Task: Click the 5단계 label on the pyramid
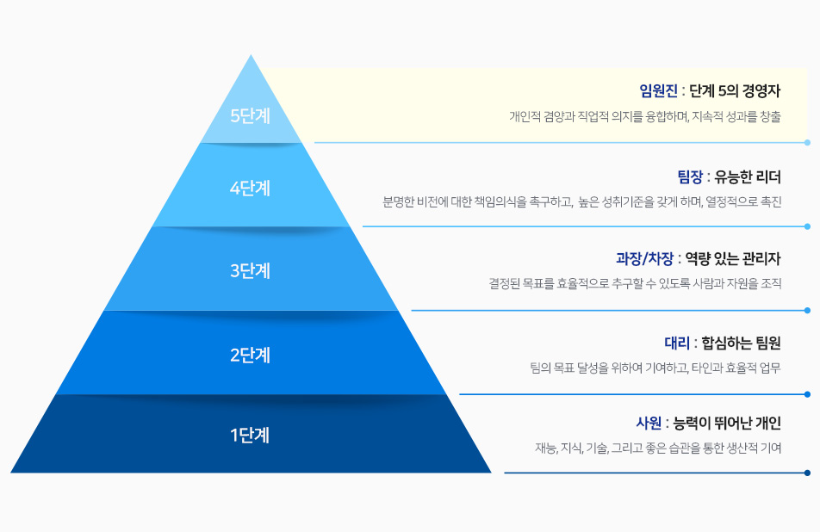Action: pos(250,115)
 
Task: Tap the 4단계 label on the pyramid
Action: pos(250,189)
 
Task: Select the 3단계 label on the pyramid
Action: pos(250,270)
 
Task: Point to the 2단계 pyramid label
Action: pos(250,356)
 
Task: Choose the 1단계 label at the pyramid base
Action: pos(250,435)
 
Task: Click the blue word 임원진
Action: pos(658,91)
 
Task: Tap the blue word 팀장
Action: pos(690,177)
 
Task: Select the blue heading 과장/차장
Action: pos(645,259)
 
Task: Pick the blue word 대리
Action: pos(677,343)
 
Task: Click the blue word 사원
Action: pos(649,423)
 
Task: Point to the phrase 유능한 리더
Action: pos(748,177)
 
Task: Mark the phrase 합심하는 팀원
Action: pos(741,343)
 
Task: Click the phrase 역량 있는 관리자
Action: pos(733,259)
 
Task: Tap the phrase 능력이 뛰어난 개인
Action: pos(728,423)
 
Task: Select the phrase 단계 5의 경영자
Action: pos(735,91)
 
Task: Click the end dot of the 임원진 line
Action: pos(807,142)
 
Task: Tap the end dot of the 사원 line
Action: pos(807,473)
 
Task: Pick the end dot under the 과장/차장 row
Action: pos(807,311)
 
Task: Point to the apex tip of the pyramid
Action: pos(251,55)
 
